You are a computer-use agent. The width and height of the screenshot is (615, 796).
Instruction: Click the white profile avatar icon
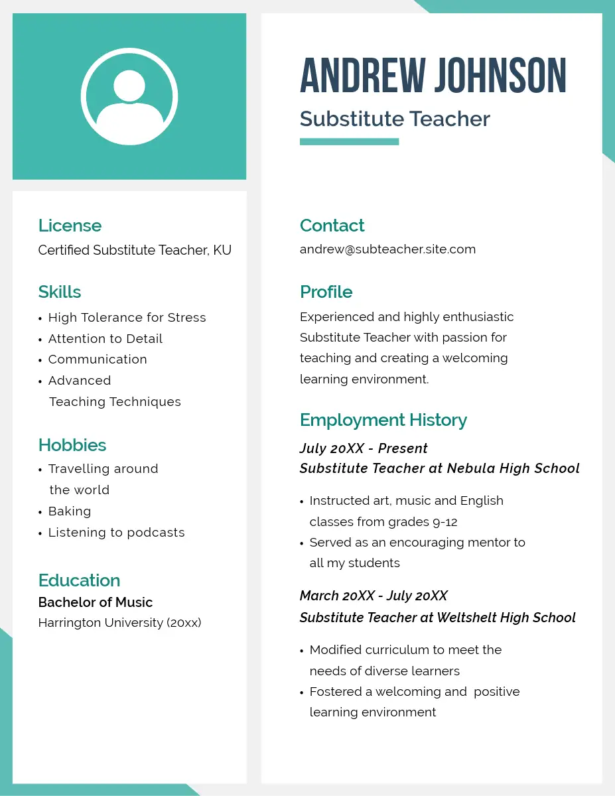[129, 97]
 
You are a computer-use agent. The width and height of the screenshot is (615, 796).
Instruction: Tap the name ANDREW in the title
[362, 75]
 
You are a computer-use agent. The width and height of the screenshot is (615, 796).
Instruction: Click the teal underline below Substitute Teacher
[349, 141]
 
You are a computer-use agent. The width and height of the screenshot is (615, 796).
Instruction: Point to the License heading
[70, 226]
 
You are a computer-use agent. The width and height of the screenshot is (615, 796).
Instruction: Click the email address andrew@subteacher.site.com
[387, 249]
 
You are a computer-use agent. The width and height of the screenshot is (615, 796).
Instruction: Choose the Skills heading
[60, 292]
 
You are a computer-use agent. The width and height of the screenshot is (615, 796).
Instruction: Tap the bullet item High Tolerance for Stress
[127, 318]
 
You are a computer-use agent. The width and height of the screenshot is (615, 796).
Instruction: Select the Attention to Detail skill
[105, 339]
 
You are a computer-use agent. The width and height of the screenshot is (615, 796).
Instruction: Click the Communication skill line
[98, 360]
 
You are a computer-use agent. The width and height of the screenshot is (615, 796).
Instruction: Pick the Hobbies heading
[72, 445]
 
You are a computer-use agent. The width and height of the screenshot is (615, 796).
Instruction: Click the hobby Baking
[70, 511]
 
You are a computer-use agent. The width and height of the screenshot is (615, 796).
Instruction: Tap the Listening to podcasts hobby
[116, 533]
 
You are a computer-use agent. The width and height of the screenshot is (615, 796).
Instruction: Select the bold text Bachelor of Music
[96, 602]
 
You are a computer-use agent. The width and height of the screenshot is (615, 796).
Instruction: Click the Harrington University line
[119, 623]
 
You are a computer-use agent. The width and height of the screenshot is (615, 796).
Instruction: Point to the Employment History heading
[383, 420]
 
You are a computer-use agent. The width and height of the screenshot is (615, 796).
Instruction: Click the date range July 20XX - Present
[364, 448]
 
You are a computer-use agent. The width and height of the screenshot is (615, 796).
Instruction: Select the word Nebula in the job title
[470, 468]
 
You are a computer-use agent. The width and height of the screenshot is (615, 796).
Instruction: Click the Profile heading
[326, 292]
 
